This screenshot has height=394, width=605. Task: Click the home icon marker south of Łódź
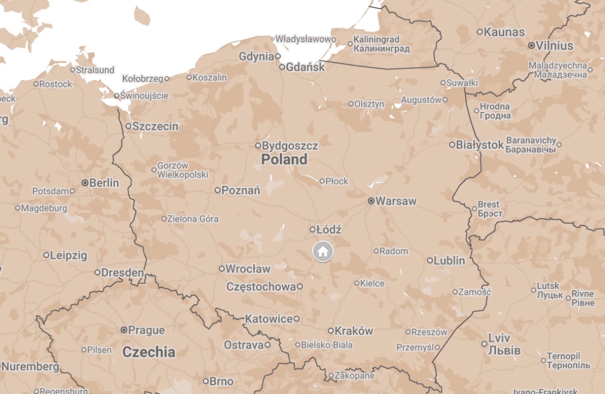323,251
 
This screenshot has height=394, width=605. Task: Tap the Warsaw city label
396,201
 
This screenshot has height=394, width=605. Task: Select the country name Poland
284,159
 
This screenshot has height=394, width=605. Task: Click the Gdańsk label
305,67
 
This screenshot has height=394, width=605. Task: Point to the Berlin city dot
85,183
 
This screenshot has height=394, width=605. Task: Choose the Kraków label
354,331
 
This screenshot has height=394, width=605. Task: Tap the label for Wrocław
248,269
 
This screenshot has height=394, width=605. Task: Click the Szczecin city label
155,126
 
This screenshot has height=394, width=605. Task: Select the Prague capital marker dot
123,330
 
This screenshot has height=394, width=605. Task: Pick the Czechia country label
149,352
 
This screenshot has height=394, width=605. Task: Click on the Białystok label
479,145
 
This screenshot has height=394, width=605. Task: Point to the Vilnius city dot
531,45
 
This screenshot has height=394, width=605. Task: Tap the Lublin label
449,260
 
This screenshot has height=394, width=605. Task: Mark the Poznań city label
241,190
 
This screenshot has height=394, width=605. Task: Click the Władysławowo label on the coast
306,39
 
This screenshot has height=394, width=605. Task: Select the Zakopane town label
354,375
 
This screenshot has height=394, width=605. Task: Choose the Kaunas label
504,32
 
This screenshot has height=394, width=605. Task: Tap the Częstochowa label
261,287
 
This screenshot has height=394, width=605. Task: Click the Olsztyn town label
369,104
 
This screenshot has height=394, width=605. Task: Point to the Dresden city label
122,272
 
